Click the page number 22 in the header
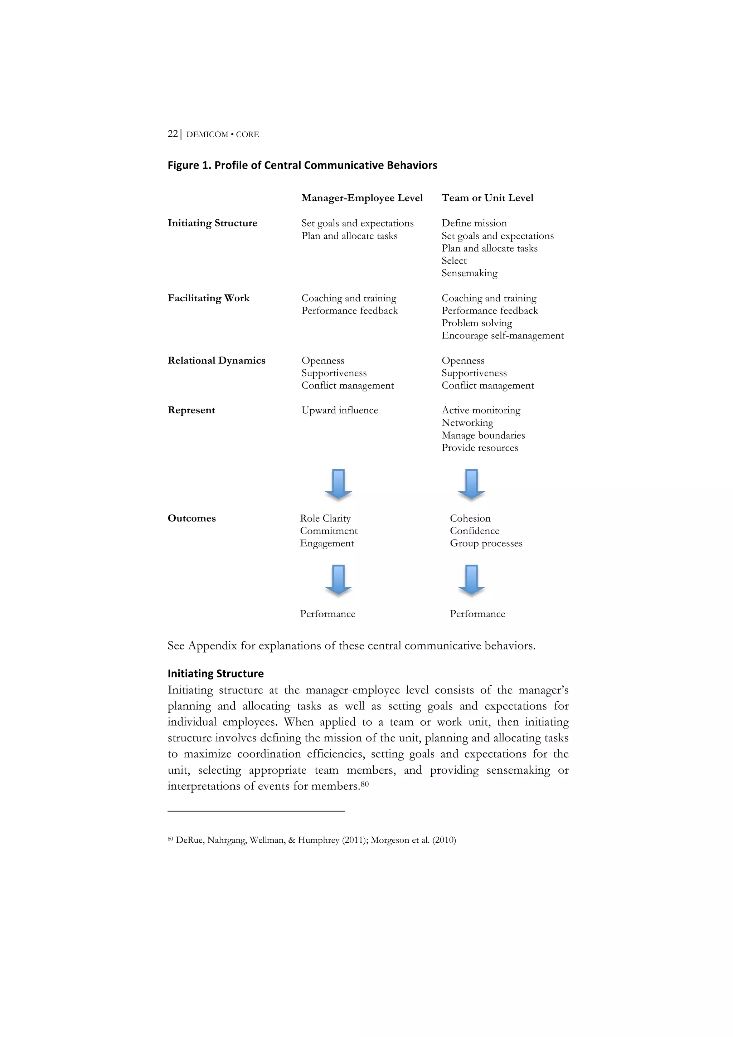click(173, 134)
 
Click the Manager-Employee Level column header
click(362, 198)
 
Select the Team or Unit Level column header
click(487, 198)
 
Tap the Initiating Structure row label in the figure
click(212, 223)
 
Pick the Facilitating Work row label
click(208, 298)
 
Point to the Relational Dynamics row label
click(216, 360)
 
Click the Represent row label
click(191, 410)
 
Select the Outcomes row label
click(191, 518)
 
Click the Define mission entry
click(474, 223)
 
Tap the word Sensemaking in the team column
click(469, 273)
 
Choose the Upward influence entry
click(340, 410)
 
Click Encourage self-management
click(502, 336)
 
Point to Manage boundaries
click(483, 435)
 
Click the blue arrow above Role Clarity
click(338, 484)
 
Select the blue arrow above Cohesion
click(471, 484)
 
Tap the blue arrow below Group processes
click(471, 579)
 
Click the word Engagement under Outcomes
click(327, 543)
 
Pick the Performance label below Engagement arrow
click(327, 614)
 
